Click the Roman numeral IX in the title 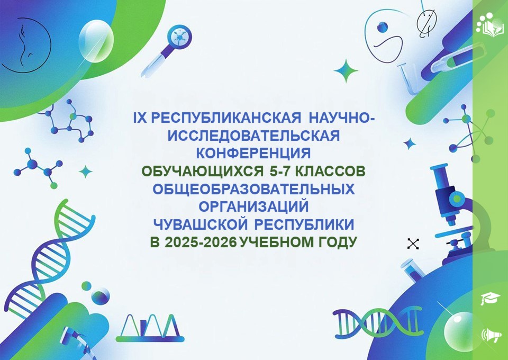[x=140, y=118]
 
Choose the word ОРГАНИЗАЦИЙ [x=253, y=206]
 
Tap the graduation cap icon [x=488, y=298]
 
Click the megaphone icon [x=491, y=334]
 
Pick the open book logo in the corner [x=490, y=25]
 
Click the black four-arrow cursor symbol [x=413, y=244]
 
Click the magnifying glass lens [x=179, y=36]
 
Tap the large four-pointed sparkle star [x=346, y=70]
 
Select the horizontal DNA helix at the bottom [x=378, y=321]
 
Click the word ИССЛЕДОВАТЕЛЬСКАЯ [x=253, y=136]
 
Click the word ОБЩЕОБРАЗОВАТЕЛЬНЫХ [x=253, y=189]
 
